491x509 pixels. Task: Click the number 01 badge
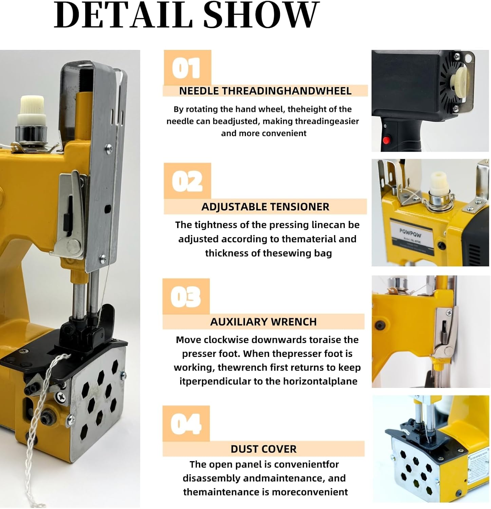tap(187, 68)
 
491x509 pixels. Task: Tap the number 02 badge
tap(187, 181)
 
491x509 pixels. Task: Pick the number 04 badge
tap(186, 423)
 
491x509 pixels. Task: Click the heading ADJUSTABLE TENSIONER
tap(265, 207)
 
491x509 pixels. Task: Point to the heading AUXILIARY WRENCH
tap(263, 322)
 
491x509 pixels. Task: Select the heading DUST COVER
tap(264, 449)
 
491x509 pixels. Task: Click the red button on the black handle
tap(386, 139)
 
